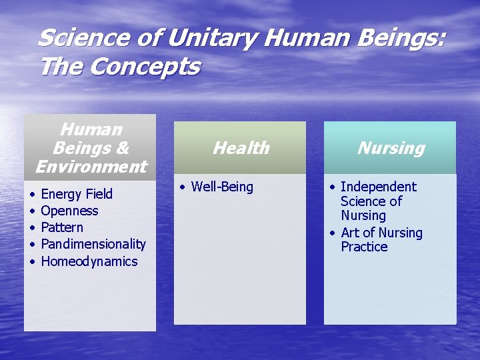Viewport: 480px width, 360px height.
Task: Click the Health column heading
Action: [241, 148]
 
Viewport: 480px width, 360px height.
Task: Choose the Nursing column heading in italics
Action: [391, 148]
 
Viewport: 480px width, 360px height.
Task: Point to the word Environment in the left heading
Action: [91, 166]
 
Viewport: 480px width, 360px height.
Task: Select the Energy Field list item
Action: [77, 194]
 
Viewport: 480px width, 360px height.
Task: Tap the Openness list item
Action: [69, 211]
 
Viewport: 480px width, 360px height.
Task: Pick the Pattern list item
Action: [62, 227]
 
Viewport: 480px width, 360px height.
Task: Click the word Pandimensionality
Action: [93, 244]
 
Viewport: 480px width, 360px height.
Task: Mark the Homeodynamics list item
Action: [89, 261]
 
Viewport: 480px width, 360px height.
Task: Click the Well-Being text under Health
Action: [222, 187]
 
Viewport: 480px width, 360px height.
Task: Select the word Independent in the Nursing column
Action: [378, 187]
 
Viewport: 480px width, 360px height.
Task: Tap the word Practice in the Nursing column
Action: [364, 247]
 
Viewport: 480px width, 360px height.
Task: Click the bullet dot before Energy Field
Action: [32, 195]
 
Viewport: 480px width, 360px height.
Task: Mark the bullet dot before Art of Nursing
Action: [332, 233]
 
